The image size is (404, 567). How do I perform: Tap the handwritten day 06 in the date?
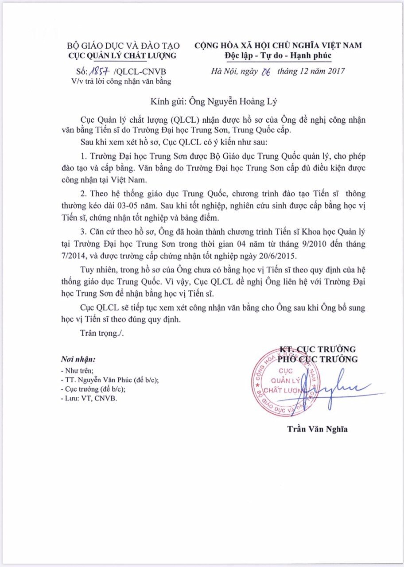point(267,71)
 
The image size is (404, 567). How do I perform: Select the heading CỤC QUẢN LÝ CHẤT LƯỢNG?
point(122,55)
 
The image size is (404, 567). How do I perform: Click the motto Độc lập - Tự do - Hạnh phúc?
point(278,55)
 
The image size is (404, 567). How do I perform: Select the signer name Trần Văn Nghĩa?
point(317,429)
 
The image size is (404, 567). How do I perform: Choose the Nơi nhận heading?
point(78,358)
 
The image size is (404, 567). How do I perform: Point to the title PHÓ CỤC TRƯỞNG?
point(317,359)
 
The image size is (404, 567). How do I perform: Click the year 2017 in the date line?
point(334,71)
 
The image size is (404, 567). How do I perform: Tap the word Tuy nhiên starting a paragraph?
point(99,270)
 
